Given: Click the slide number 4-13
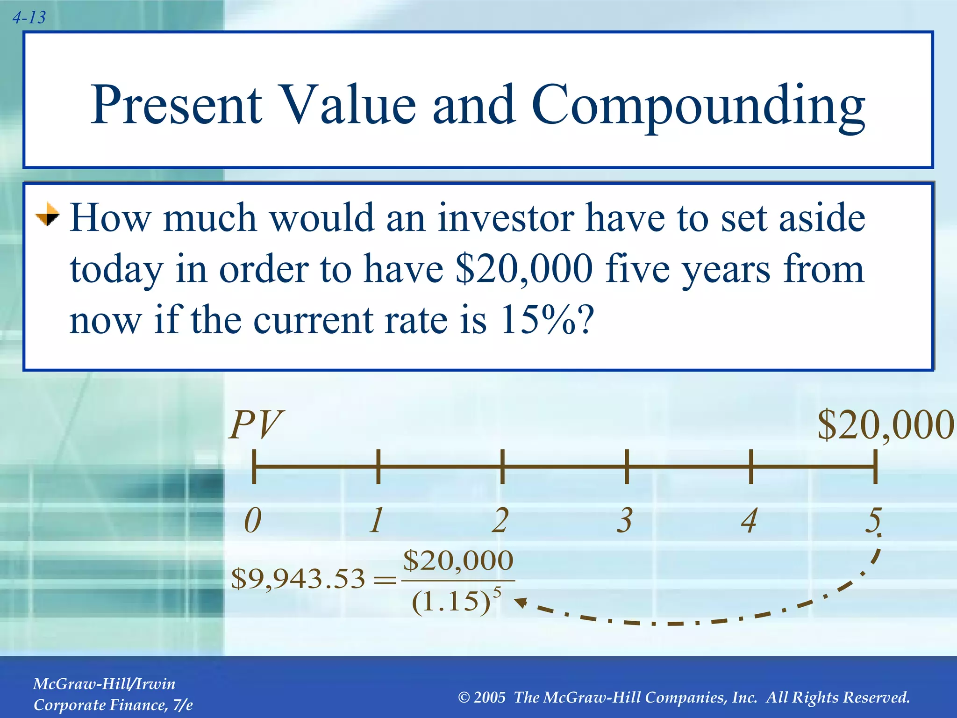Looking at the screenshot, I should pyautogui.click(x=29, y=18).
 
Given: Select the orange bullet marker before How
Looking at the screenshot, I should pyautogui.click(x=48, y=215).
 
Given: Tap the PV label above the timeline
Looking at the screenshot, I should pyautogui.click(x=256, y=424).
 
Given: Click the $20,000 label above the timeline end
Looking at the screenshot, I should pyautogui.click(x=885, y=424).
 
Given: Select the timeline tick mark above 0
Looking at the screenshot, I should pyautogui.click(x=254, y=467).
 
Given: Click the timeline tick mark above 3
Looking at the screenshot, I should pyautogui.click(x=627, y=467).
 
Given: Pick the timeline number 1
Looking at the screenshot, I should pyautogui.click(x=377, y=520).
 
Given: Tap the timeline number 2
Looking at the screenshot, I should pyautogui.click(x=500, y=520).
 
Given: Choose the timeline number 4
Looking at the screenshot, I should pyautogui.click(x=750, y=520).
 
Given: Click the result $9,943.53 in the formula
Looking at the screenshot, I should pyautogui.click(x=298, y=579).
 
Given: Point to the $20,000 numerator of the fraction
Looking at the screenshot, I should pyautogui.click(x=458, y=560).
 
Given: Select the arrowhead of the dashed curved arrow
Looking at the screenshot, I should pyautogui.click(x=521, y=603).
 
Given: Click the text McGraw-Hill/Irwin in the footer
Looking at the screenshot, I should pyautogui.click(x=104, y=684).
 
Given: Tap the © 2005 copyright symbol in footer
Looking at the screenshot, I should pyautogui.click(x=464, y=698).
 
